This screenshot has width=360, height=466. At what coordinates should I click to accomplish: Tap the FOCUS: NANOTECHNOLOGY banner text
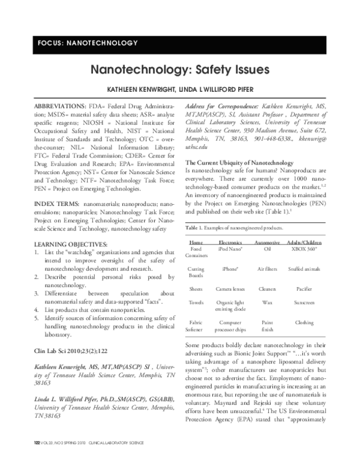[x=88, y=43]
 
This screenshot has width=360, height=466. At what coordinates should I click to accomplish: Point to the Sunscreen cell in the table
[x=304, y=303]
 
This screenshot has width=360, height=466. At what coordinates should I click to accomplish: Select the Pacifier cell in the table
[x=304, y=289]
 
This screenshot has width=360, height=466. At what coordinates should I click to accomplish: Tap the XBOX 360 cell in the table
[x=304, y=247]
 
